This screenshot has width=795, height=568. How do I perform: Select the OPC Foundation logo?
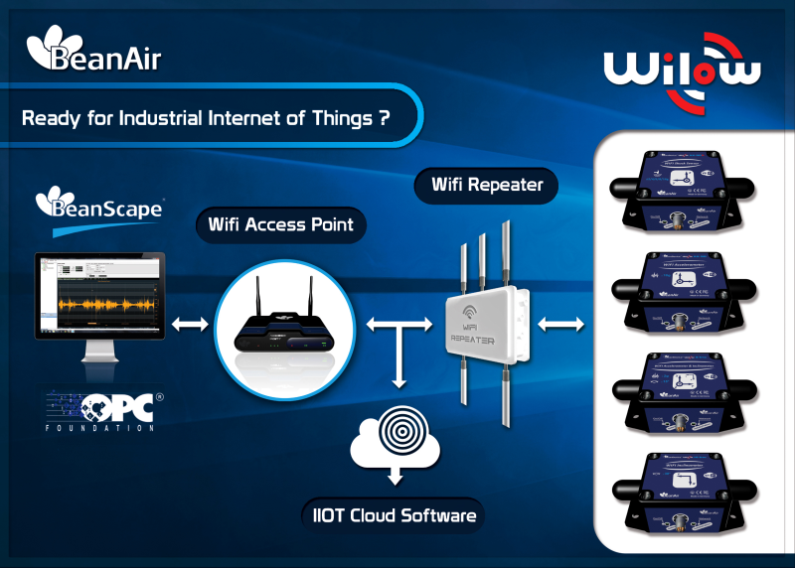99,409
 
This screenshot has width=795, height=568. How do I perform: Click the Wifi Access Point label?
281,224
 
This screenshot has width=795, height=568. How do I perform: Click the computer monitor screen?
100,296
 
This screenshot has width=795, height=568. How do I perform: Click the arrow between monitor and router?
191,325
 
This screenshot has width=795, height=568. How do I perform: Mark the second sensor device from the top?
683,288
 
